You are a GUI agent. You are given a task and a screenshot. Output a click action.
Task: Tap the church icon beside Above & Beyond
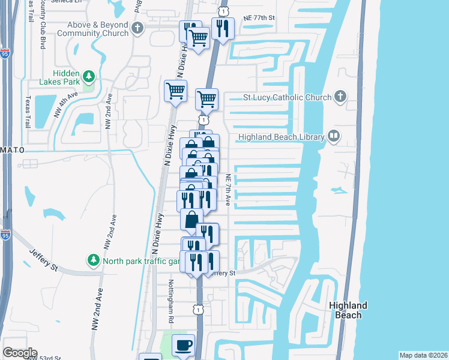click(x=138, y=28)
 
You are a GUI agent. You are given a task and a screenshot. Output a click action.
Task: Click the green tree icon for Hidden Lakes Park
click(x=89, y=76)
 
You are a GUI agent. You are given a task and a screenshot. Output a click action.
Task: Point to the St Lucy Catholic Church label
click(x=287, y=97)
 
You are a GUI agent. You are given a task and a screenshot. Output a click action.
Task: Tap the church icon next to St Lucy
click(x=340, y=97)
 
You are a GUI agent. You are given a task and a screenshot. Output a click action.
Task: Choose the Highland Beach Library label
click(x=281, y=137)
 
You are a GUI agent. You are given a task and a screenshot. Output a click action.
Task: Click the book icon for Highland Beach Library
click(x=333, y=137)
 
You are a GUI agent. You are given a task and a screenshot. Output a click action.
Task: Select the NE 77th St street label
click(x=259, y=19)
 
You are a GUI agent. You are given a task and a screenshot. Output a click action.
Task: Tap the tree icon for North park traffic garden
click(x=94, y=260)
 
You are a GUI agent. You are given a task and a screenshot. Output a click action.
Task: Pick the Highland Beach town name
click(x=348, y=310)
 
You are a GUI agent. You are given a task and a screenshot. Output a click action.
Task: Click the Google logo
click(x=20, y=353)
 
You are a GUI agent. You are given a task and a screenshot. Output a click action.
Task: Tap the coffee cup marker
click(x=184, y=346)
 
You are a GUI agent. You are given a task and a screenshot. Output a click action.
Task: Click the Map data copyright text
click(x=423, y=355)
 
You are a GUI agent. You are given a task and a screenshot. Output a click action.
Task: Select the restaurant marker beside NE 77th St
click(x=223, y=28)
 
